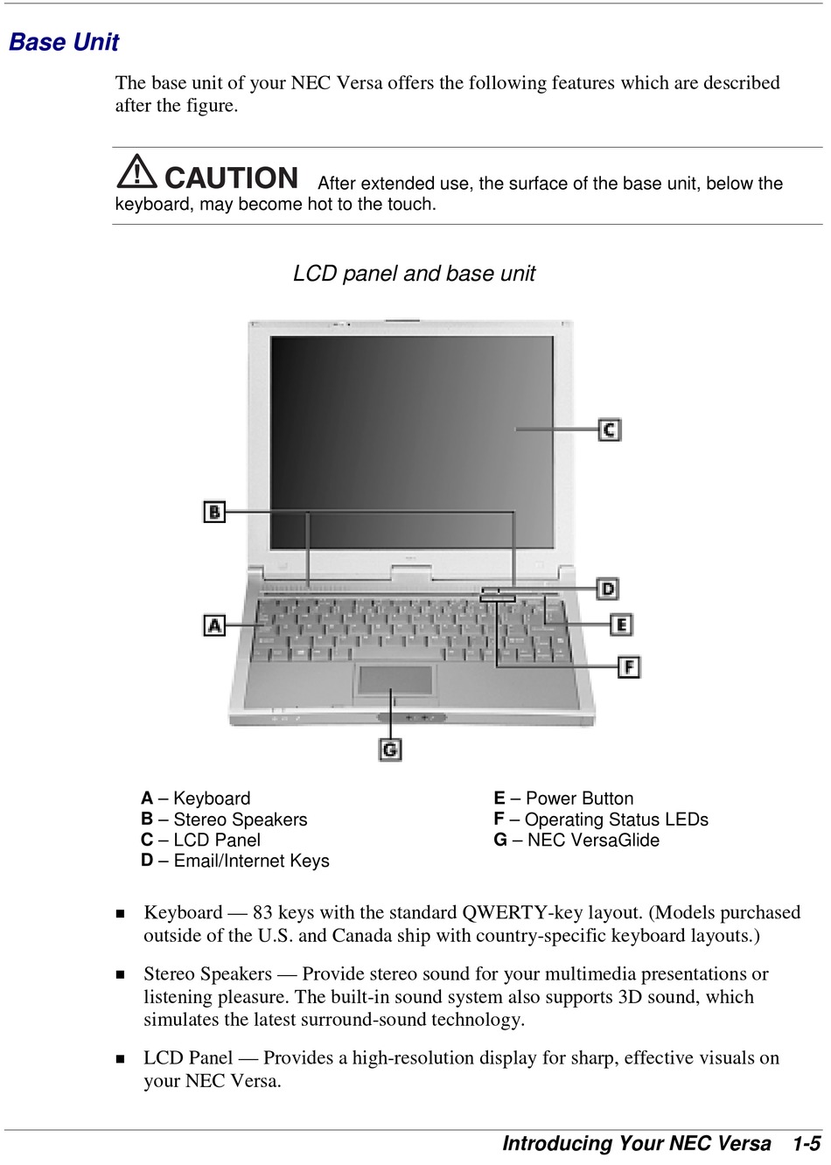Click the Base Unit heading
[x=64, y=42]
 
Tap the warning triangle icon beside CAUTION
[x=136, y=171]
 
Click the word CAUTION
[x=232, y=178]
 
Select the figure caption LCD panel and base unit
[x=414, y=274]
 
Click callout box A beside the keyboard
[x=214, y=625]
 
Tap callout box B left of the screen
[x=214, y=512]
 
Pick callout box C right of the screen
[x=610, y=429]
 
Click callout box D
[x=607, y=589]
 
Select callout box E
[x=621, y=624]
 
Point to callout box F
[x=629, y=667]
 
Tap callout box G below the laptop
[x=390, y=750]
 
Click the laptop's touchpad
[x=395, y=680]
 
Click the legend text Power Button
[x=579, y=799]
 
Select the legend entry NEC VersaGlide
[x=593, y=841]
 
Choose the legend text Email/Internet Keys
[x=251, y=862]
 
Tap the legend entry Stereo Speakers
[x=241, y=820]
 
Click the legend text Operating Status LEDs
[x=617, y=820]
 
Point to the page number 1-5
[x=806, y=1144]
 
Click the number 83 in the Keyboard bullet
[x=262, y=913]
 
